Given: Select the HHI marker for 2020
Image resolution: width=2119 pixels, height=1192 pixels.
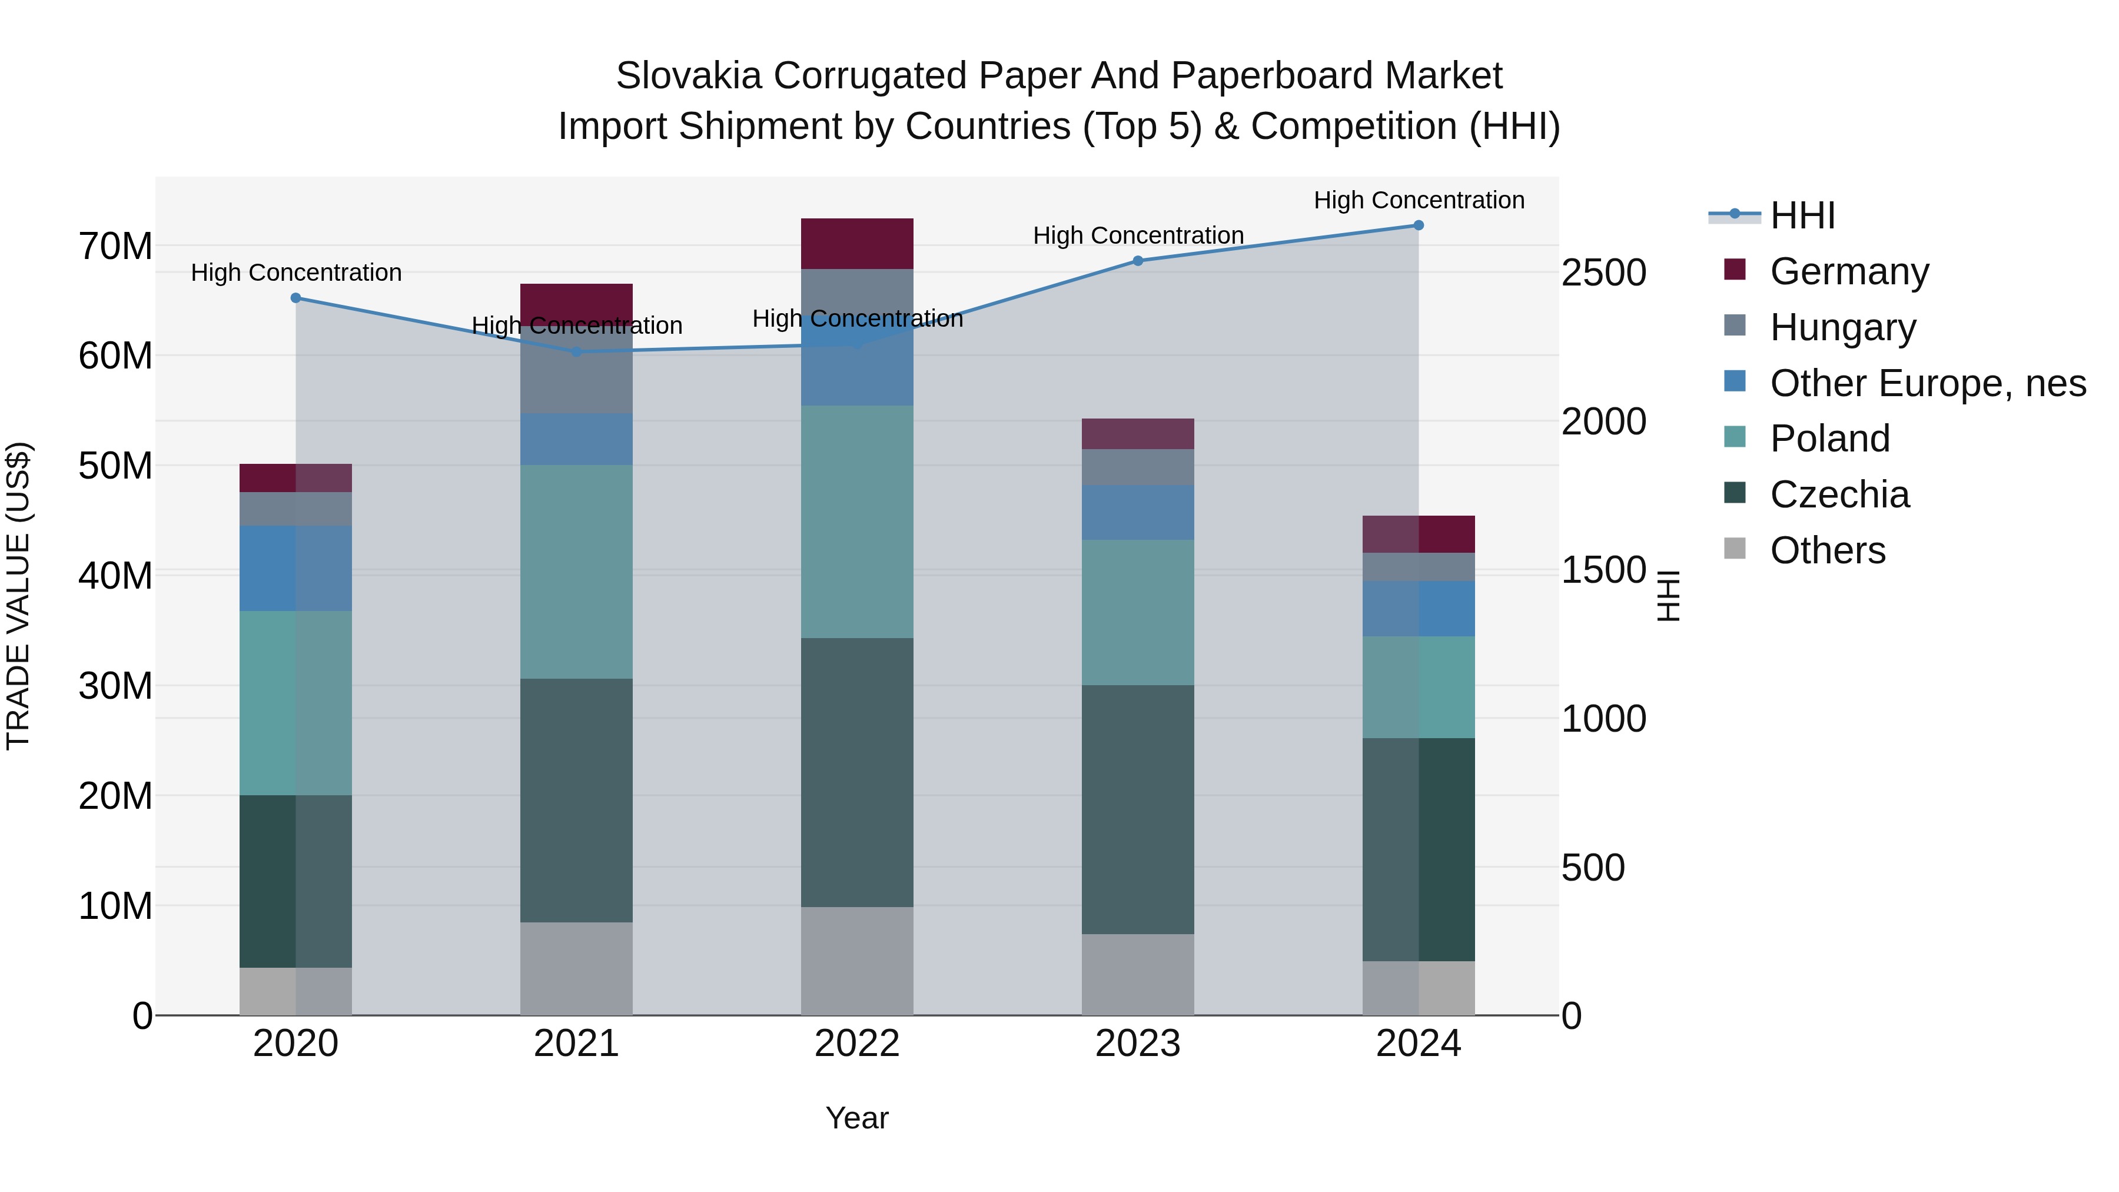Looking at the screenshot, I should [x=296, y=298].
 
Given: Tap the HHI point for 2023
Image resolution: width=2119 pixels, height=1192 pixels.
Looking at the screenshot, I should [x=1138, y=261].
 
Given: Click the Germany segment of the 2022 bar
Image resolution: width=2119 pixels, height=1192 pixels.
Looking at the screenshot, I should [x=857, y=244].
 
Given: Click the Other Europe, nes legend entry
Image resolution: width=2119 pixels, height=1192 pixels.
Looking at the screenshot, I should [x=1927, y=383].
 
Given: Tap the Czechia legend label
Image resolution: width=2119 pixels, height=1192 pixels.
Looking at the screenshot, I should [x=1839, y=494].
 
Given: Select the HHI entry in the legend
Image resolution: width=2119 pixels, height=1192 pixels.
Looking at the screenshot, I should [x=1802, y=215].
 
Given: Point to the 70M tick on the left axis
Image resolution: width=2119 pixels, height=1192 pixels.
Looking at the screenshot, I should [x=115, y=246].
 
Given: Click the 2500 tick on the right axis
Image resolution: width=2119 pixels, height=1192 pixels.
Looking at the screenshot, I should [x=1604, y=273].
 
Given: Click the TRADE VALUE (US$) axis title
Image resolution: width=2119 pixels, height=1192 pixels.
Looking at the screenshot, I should [x=18, y=596].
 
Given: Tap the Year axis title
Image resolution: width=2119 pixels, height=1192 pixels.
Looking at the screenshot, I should [x=857, y=1118].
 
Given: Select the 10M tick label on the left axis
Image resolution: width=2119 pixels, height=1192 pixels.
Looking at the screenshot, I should [x=115, y=906].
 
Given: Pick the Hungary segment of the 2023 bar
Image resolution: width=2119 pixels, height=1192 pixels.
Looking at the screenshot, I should [x=1138, y=467].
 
